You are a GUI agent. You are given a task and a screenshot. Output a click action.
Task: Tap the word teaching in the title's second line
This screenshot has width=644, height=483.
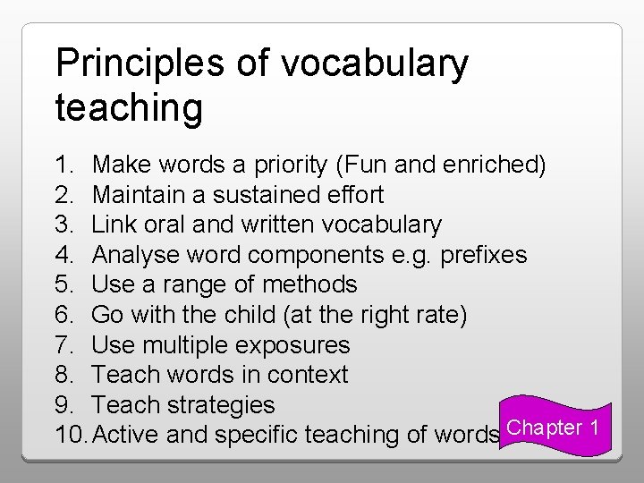129,108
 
